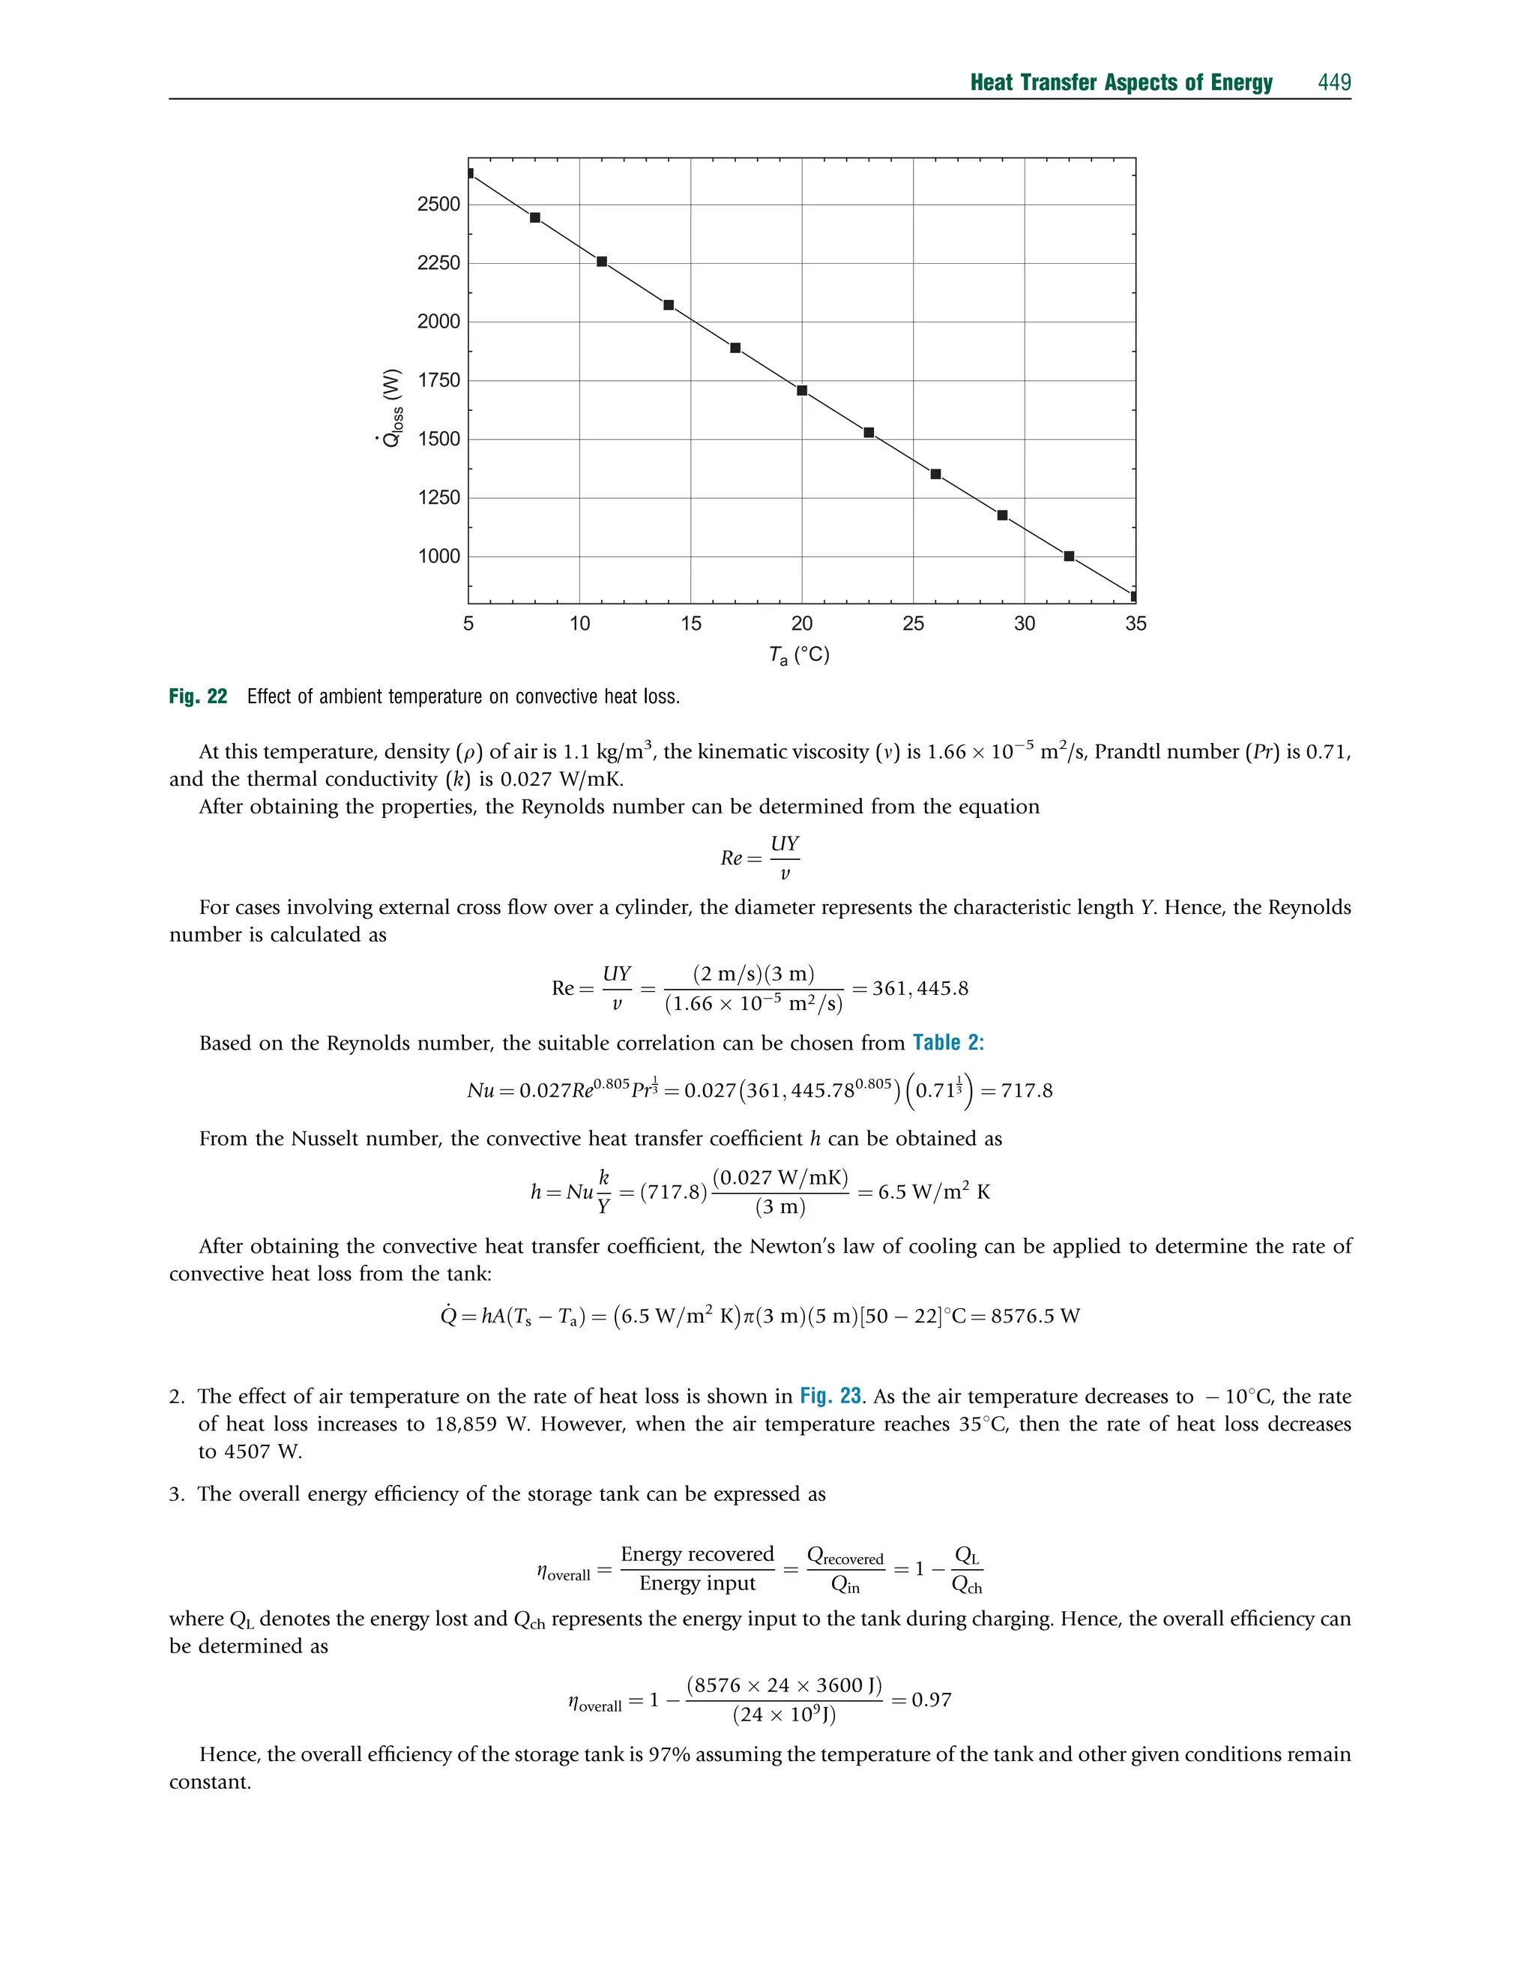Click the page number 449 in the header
pos(1333,82)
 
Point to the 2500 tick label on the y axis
pos(438,204)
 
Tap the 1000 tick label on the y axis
pos(438,556)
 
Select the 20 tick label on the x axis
pos(802,624)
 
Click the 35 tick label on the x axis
pos(1135,624)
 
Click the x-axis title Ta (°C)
pos(799,655)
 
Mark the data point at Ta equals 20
pos(803,391)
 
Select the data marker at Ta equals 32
pos(1070,556)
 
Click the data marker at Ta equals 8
pos(536,217)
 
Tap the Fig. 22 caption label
pos(198,696)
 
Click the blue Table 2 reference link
pos(948,1043)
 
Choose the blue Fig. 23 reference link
pos(830,1396)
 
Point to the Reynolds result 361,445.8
pos(920,989)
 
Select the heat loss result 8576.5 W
pos(1034,1316)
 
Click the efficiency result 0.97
pos(931,1700)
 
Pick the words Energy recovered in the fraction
pos(696,1554)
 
